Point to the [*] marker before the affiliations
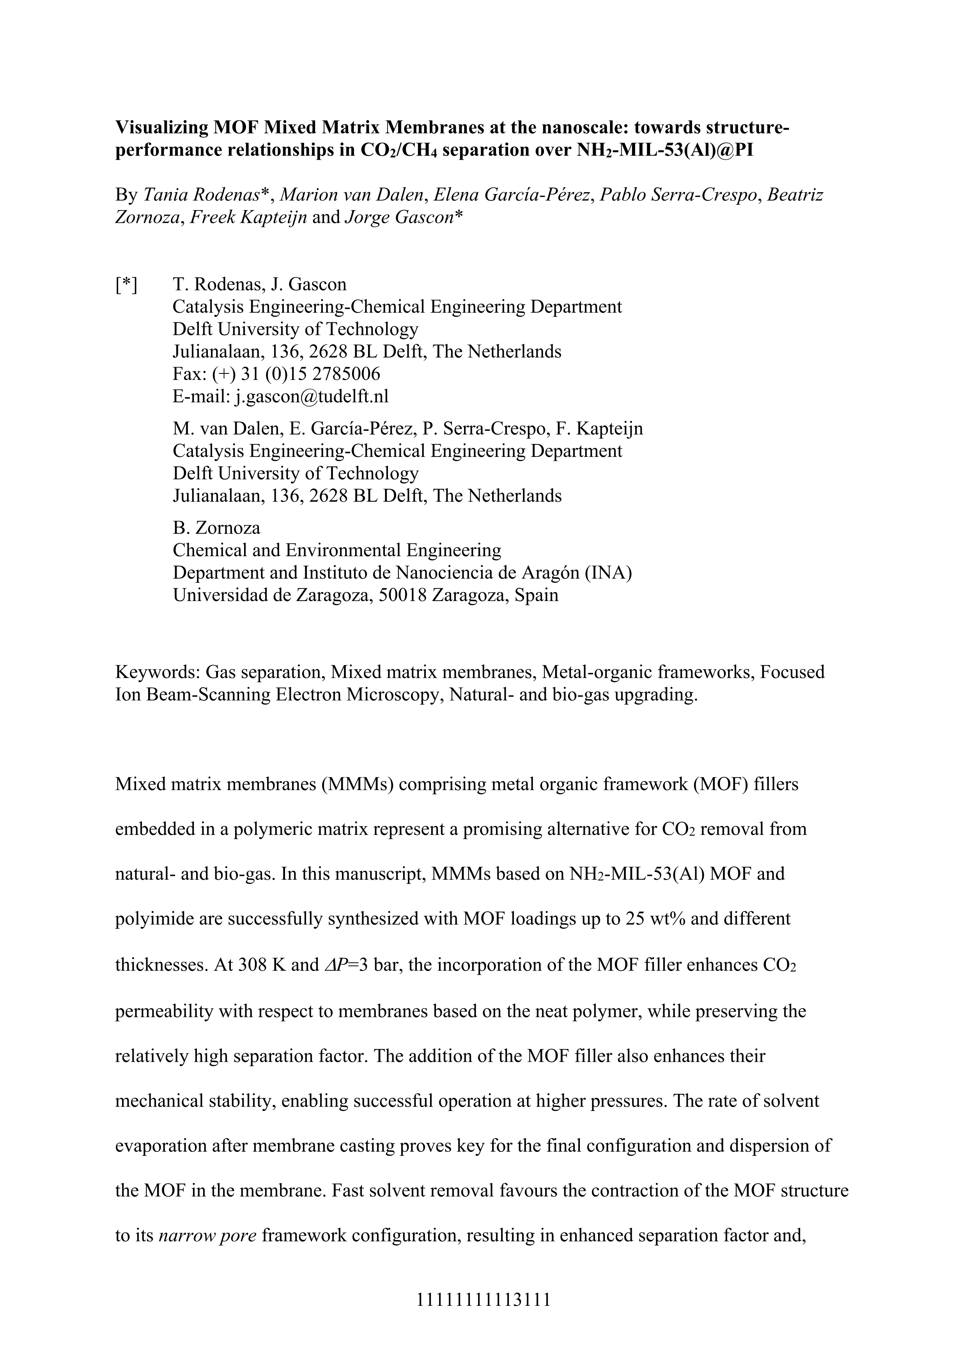[x=126, y=285]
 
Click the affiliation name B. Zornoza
[x=216, y=527]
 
